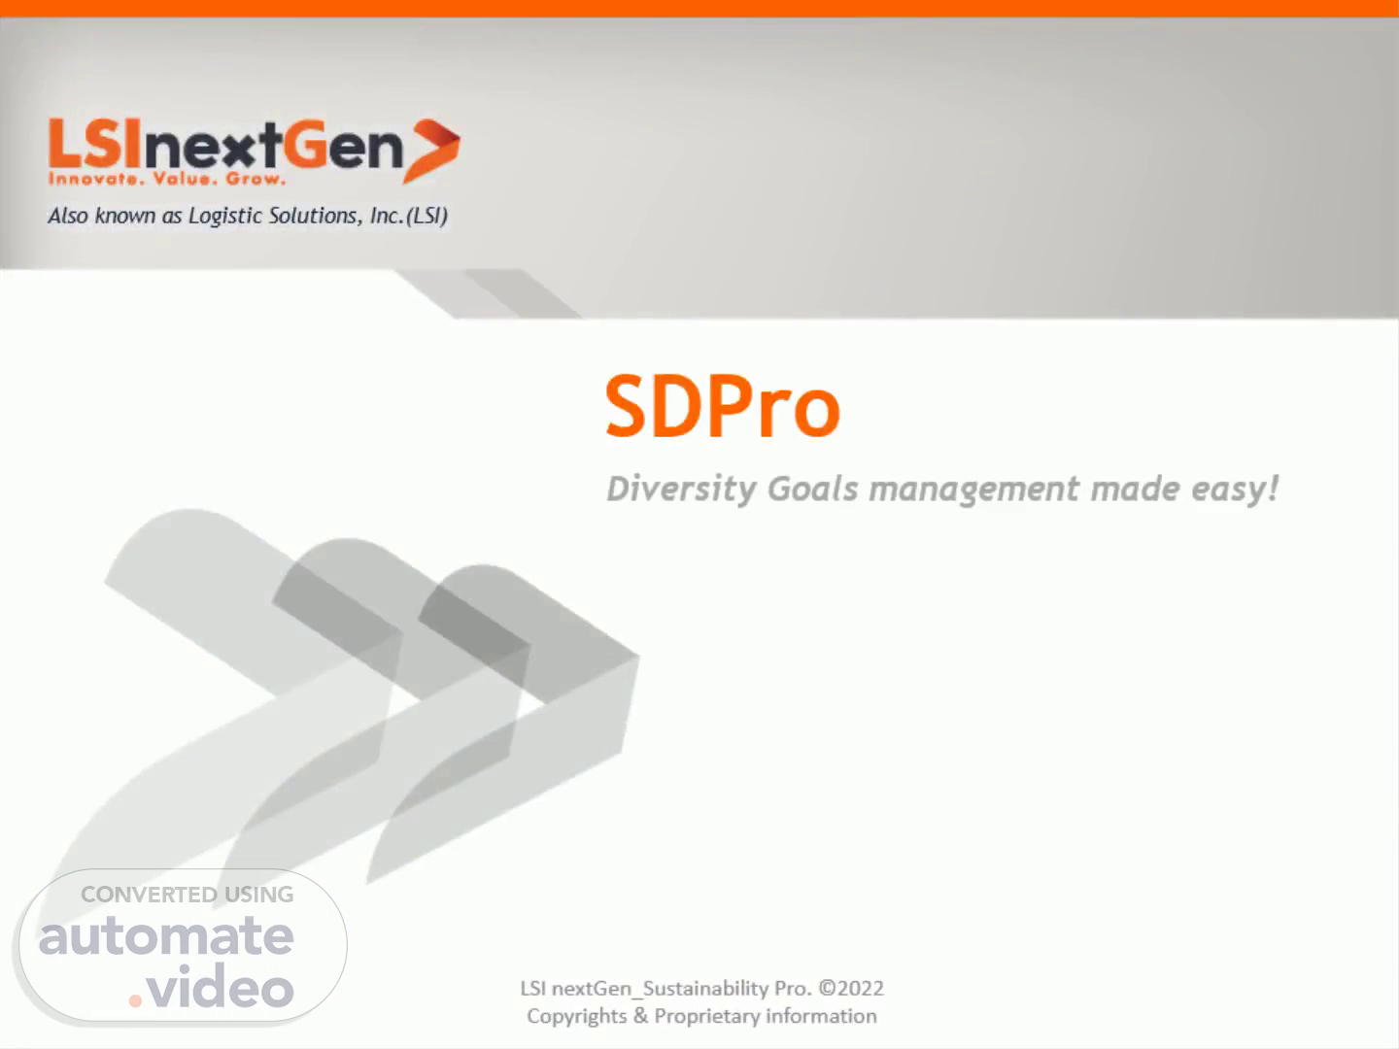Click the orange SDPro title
point(723,407)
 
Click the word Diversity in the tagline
point(681,490)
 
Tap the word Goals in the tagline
point(812,490)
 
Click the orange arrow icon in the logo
point(432,151)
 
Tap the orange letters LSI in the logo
point(95,143)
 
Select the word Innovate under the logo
point(93,179)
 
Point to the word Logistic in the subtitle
point(225,216)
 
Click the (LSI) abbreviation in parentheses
point(427,216)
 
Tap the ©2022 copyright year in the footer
point(851,989)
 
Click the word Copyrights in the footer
point(577,1017)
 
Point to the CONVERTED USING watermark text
point(188,895)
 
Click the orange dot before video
point(135,1001)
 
